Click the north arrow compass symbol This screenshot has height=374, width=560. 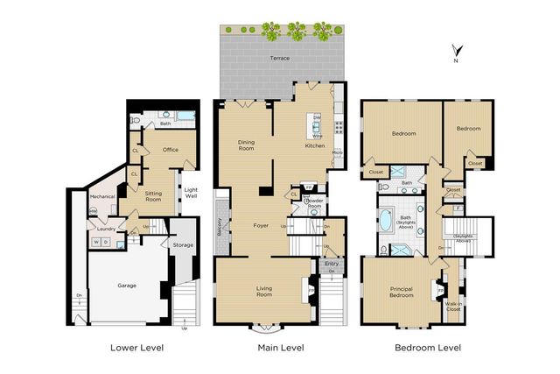454,50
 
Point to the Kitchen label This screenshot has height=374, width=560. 314,145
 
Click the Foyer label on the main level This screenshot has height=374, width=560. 262,225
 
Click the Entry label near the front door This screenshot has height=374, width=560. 332,263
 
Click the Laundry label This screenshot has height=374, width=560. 106,229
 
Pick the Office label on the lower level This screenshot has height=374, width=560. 171,149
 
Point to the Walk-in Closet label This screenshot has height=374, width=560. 452,305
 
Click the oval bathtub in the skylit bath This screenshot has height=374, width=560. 385,220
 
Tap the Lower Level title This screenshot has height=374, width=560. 136,348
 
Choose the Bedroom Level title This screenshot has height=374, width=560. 426,348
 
